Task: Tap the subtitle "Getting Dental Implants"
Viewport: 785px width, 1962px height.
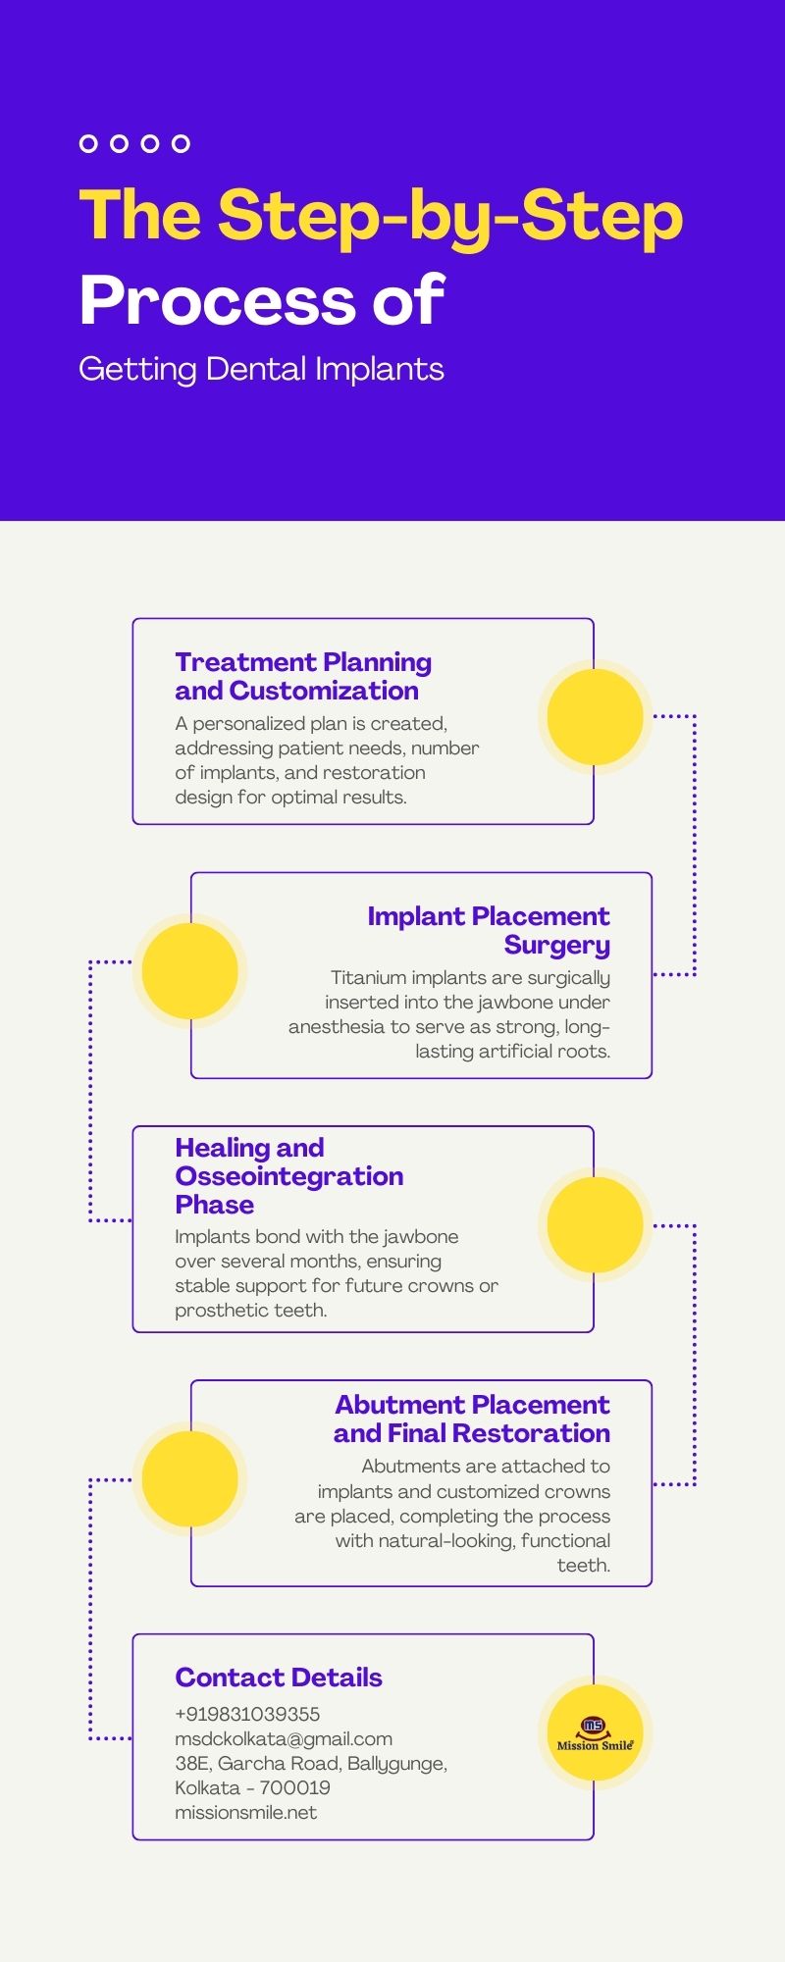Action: pos(261,370)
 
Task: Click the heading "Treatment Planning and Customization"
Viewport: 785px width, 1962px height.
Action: pos(303,676)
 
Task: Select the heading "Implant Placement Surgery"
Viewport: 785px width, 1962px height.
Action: pos(489,930)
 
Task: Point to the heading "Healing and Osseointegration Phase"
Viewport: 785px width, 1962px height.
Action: pos(289,1175)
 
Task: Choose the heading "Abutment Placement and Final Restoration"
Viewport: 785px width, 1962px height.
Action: pos(472,1419)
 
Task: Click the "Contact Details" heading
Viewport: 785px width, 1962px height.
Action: pos(279,1678)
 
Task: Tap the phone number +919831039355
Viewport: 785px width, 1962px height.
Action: pos(247,1714)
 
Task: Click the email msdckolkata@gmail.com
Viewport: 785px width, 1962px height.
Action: pos(284,1738)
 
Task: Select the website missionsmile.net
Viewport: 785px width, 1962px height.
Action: pos(246,1812)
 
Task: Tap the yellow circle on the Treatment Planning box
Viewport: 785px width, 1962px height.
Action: pos(595,717)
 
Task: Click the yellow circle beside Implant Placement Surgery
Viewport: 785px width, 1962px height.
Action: pos(190,971)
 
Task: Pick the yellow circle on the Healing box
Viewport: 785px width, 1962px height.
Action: pos(595,1225)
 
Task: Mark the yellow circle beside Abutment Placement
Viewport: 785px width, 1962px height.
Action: pos(190,1479)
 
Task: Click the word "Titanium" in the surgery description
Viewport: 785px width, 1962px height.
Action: pos(368,977)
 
